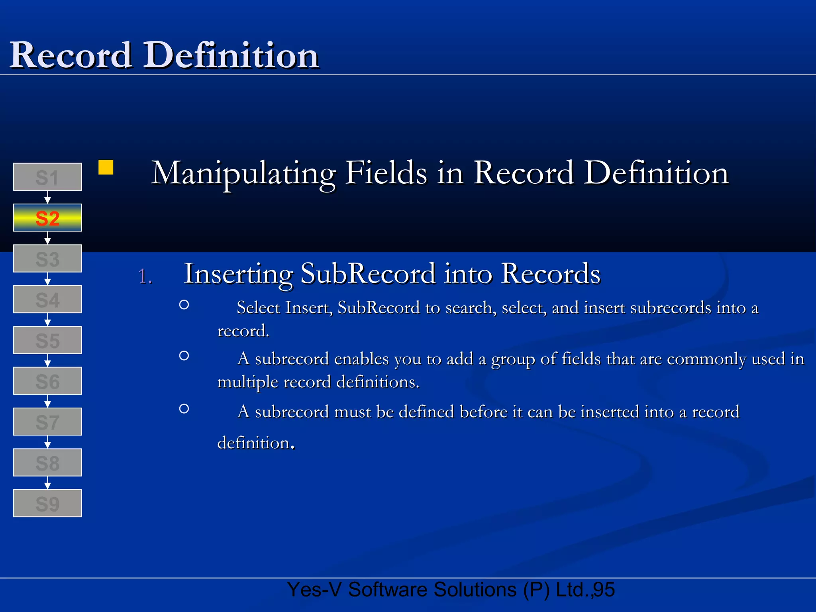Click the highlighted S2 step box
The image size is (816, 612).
tap(47, 218)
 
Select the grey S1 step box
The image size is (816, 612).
tap(47, 177)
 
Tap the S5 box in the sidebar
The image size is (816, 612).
tap(47, 340)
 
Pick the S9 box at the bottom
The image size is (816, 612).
tap(47, 503)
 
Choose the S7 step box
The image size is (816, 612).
tap(47, 422)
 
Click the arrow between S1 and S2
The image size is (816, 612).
tap(47, 197)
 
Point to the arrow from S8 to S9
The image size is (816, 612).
tap(47, 483)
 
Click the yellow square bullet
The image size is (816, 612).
tap(106, 167)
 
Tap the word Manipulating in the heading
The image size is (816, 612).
tap(243, 174)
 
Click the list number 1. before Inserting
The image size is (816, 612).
tap(145, 276)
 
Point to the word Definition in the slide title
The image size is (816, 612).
tap(231, 55)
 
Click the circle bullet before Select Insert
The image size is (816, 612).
tap(184, 305)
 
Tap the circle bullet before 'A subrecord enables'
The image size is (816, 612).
tap(184, 355)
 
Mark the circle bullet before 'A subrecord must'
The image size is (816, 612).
tap(184, 408)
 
